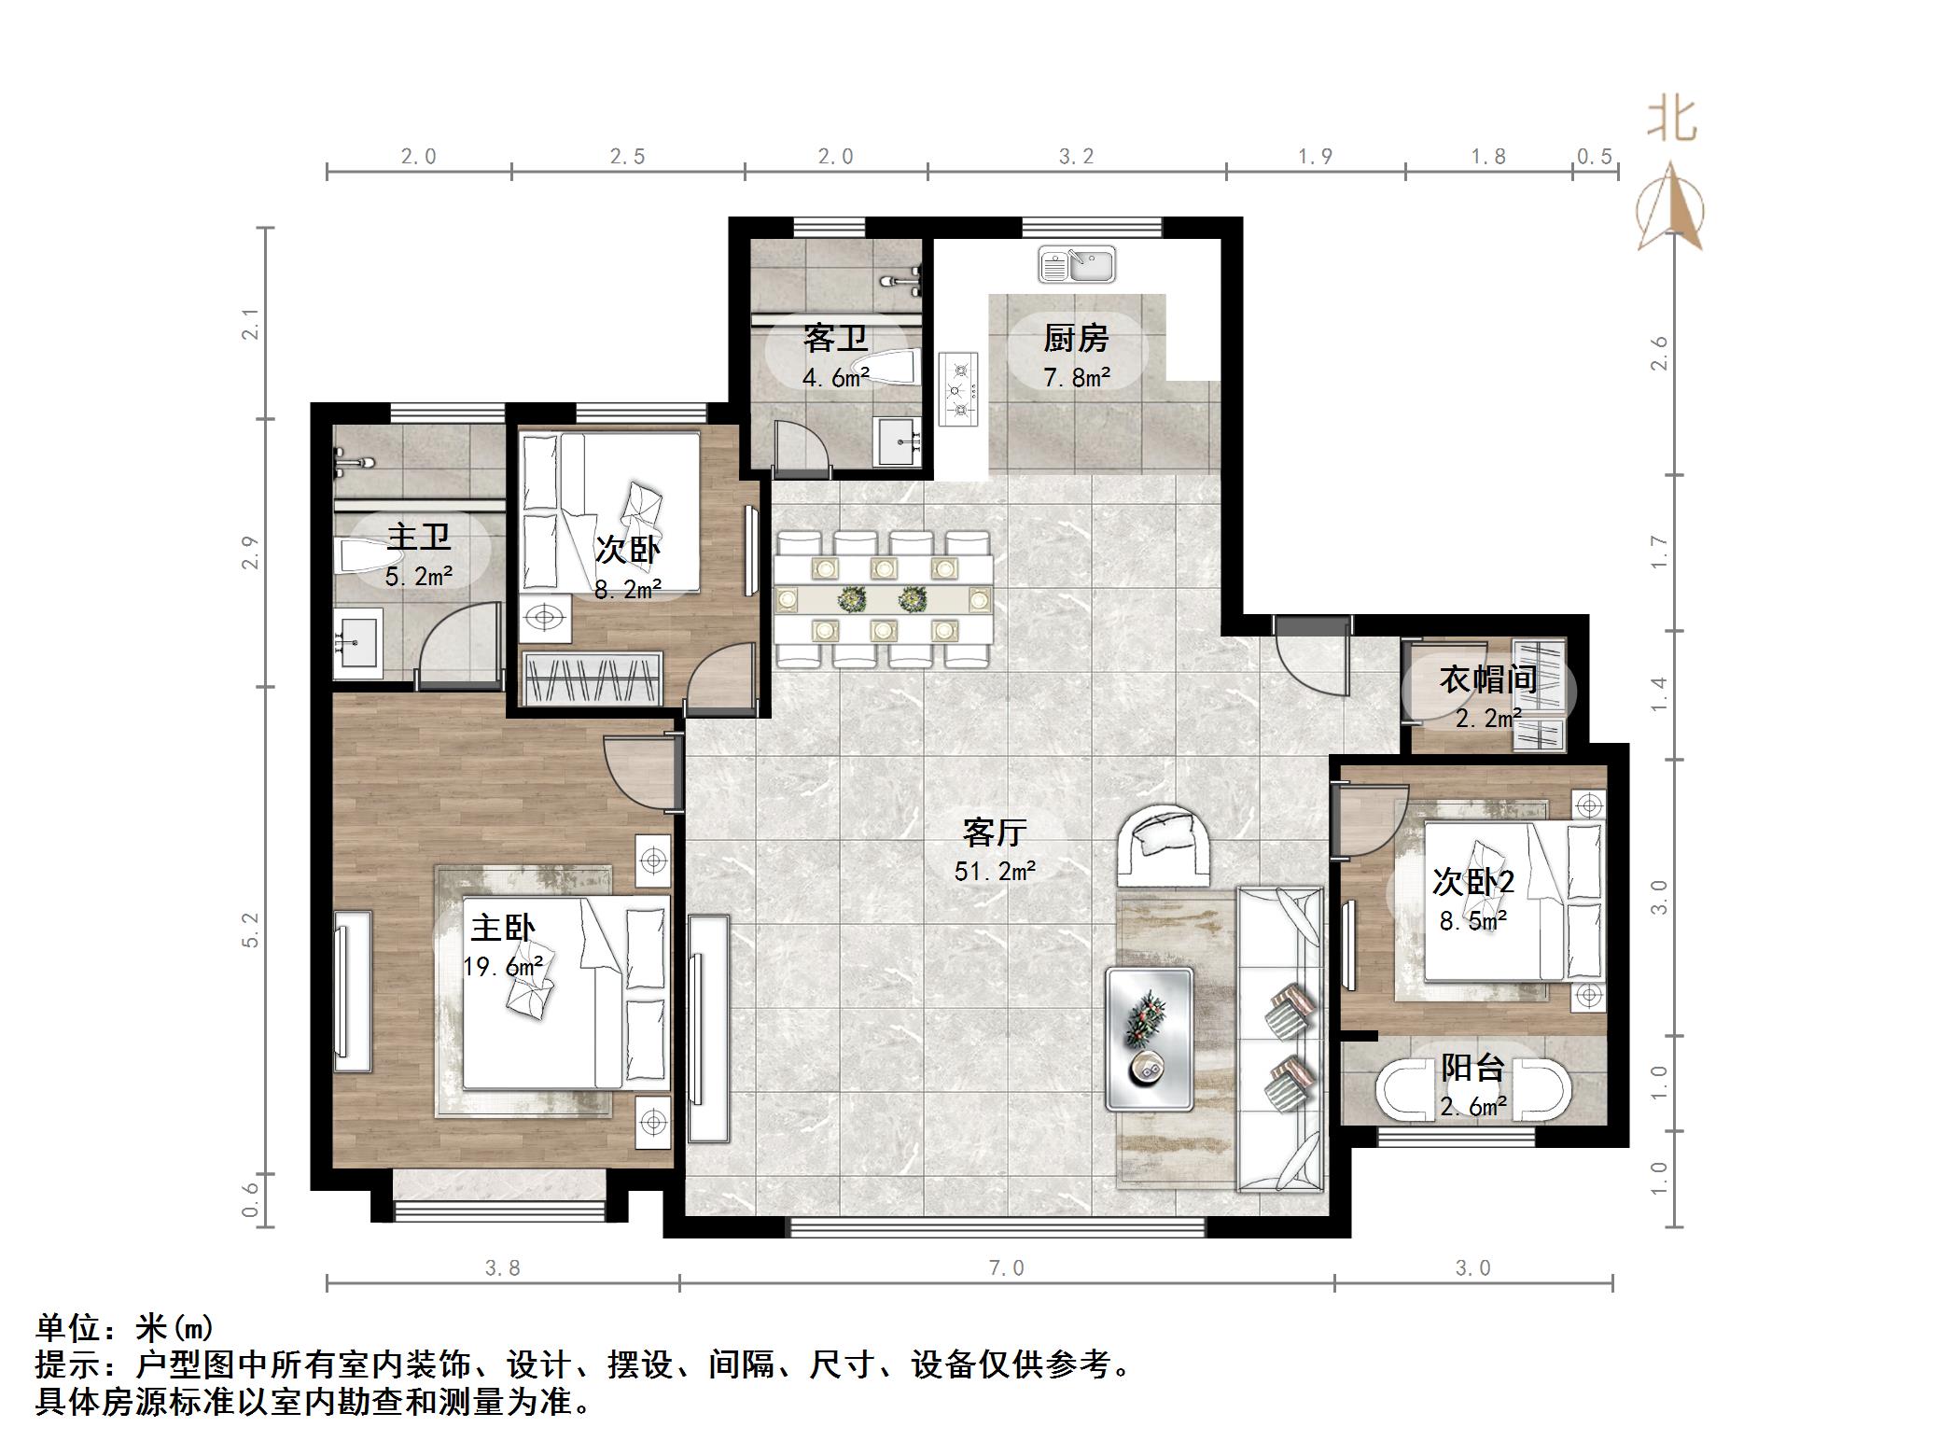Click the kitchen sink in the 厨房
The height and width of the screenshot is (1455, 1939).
[x=1077, y=264]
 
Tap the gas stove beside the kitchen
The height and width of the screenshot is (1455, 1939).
[x=959, y=390]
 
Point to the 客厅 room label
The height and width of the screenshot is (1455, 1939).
[x=995, y=832]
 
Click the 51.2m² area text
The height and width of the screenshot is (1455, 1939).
[x=995, y=872]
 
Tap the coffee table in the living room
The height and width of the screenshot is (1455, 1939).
[x=1150, y=1039]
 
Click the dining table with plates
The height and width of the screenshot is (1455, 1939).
[x=883, y=598]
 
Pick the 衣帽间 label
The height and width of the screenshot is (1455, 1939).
[x=1487, y=679]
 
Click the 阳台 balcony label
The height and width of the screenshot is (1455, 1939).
[x=1472, y=1067]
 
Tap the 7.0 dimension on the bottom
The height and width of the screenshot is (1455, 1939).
[x=1006, y=1267]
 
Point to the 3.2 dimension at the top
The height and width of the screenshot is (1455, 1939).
[x=1076, y=156]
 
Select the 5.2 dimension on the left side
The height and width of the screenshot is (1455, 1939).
[x=250, y=930]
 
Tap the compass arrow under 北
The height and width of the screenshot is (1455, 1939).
[x=1671, y=207]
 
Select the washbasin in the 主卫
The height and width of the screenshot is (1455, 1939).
[x=358, y=642]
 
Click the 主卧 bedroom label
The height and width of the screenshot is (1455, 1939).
[x=502, y=928]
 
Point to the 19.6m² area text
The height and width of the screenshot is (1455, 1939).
[x=502, y=967]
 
